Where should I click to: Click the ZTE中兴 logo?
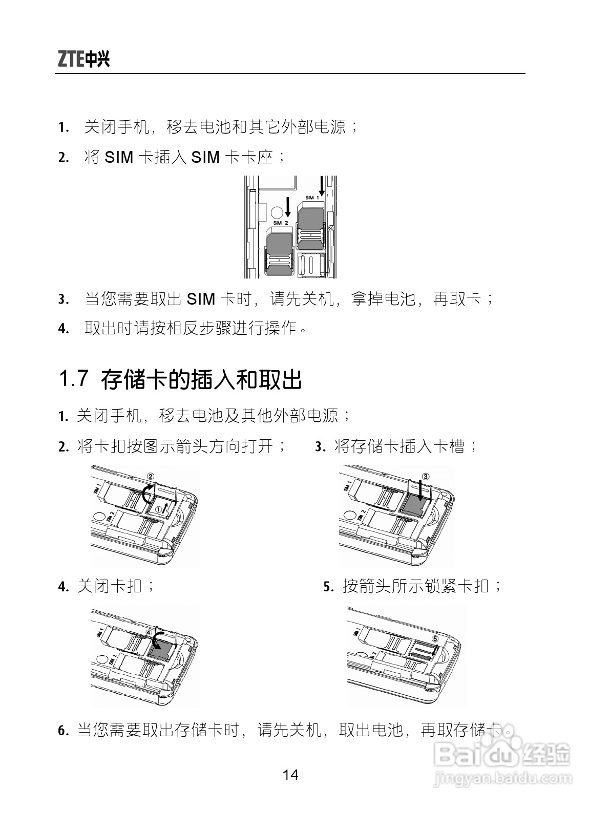(x=83, y=58)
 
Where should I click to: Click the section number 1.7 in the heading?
(x=74, y=378)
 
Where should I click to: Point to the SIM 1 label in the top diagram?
(x=312, y=198)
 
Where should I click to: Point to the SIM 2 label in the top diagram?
(x=280, y=223)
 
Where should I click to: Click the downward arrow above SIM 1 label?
(x=322, y=186)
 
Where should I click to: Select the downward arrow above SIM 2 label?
(x=287, y=207)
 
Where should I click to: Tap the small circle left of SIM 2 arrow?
(x=276, y=212)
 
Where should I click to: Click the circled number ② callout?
(x=151, y=476)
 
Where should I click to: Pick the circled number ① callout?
(x=159, y=509)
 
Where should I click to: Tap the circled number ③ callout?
(x=425, y=476)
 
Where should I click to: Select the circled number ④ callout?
(x=149, y=632)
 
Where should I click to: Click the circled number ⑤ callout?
(x=435, y=639)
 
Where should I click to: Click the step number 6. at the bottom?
(x=64, y=731)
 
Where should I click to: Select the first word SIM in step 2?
(x=119, y=157)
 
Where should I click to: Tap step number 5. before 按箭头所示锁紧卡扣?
(x=329, y=586)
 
